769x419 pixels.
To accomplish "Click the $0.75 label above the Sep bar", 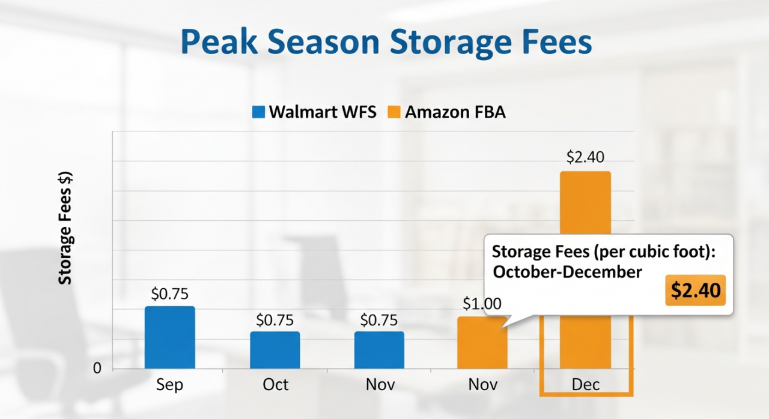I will pos(170,294).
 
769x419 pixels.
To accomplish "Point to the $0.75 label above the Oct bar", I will pos(275,320).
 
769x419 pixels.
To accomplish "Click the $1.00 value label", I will pos(482,304).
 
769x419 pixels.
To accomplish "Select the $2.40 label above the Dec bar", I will pos(585,157).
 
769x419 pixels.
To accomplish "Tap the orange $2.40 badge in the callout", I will pos(695,291).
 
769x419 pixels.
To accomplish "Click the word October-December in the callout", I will pos(567,272).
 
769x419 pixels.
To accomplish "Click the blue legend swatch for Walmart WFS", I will pos(258,112).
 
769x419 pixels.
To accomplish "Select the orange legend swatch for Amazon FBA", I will pos(394,112).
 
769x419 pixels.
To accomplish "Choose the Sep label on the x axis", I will pos(170,384).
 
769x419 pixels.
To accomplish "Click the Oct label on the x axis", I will pos(275,384).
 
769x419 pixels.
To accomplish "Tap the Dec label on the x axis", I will pos(585,384).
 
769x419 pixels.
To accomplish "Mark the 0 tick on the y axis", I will pos(97,369).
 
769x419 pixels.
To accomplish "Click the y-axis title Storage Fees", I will pos(65,228).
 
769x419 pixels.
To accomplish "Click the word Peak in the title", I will pos(220,43).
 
